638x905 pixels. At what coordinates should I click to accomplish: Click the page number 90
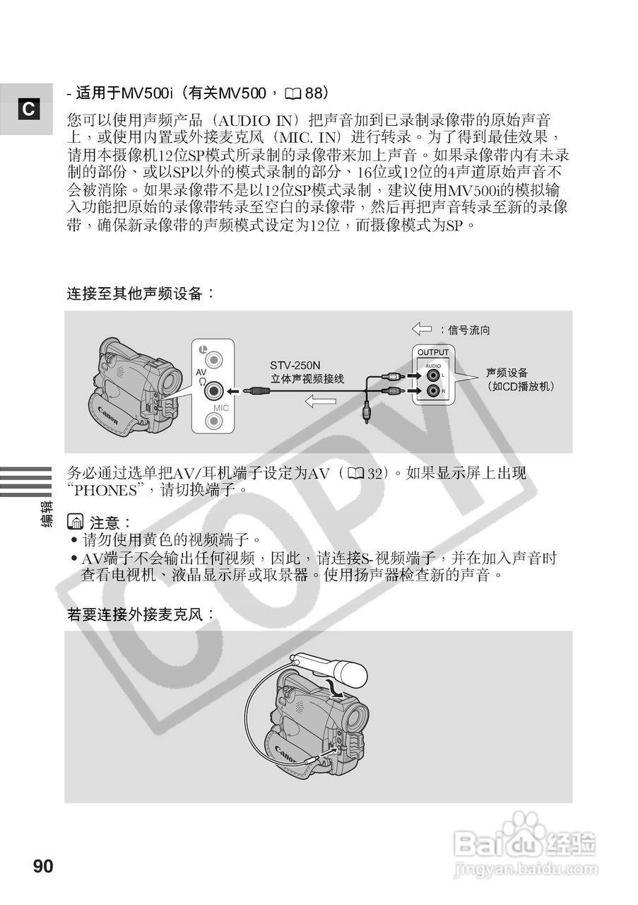(x=42, y=866)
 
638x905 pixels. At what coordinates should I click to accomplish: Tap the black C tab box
(x=28, y=110)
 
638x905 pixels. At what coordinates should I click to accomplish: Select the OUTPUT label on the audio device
(x=432, y=352)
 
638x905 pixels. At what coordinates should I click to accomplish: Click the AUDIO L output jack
(x=432, y=375)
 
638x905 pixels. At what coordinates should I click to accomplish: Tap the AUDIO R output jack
(x=432, y=391)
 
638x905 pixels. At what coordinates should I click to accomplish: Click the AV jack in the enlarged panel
(x=214, y=390)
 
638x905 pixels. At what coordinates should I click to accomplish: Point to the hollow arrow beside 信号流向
(x=422, y=329)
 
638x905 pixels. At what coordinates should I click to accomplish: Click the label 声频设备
(x=507, y=373)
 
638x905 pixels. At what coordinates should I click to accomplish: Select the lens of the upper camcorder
(x=170, y=383)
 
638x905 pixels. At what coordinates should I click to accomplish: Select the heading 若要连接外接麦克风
(x=141, y=614)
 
